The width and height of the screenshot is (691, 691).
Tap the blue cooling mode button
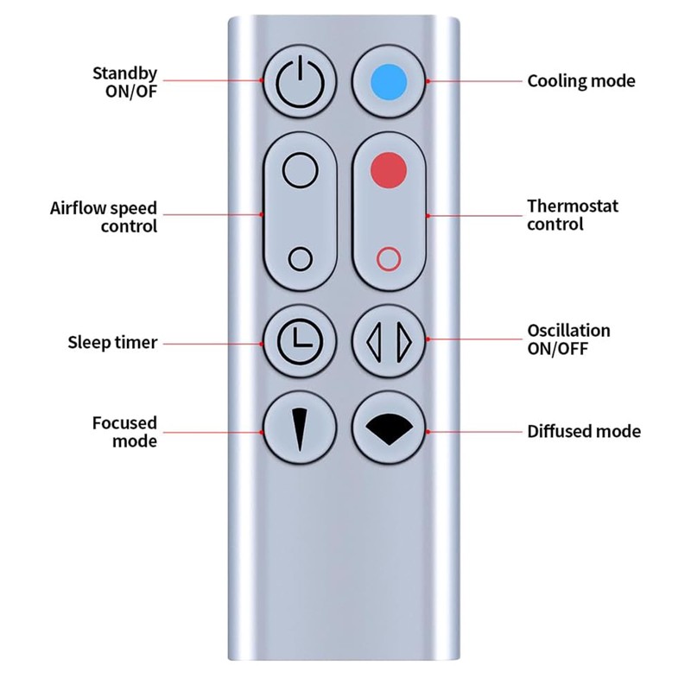pos(389,81)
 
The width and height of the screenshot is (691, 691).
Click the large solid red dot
pos(388,170)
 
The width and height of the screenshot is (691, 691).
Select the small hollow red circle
pos(389,258)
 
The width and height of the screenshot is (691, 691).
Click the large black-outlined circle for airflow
pos(300,170)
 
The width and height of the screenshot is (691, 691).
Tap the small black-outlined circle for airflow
pos(300,258)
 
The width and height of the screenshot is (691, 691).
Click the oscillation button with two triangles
pos(389,341)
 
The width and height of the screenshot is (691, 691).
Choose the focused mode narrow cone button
pos(300,428)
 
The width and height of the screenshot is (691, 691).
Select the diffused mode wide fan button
pos(389,428)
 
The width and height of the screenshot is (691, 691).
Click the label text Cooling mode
pos(581,81)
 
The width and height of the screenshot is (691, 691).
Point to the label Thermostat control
pos(573,215)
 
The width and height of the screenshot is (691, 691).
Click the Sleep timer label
pos(112,342)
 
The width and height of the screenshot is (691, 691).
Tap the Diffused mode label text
pos(584,431)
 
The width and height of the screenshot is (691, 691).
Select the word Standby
pos(124,73)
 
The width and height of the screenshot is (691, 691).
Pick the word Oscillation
pos(569,331)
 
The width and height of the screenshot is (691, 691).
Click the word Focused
pos(124,423)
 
